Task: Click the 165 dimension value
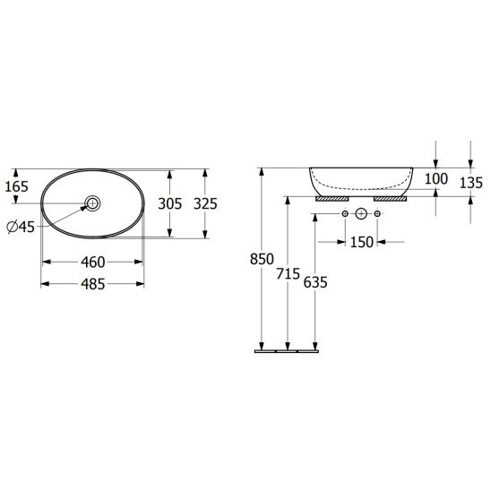click(x=18, y=186)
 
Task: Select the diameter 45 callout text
click(x=21, y=227)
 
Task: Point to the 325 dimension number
click(x=206, y=203)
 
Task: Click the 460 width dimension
click(x=93, y=263)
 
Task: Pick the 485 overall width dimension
click(x=93, y=284)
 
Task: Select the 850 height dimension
click(x=261, y=260)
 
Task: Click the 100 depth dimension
click(x=435, y=179)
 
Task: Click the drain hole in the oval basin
click(x=93, y=203)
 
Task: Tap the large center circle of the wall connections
click(x=361, y=214)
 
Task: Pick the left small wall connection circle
click(x=345, y=214)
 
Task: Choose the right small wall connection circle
click(x=377, y=214)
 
